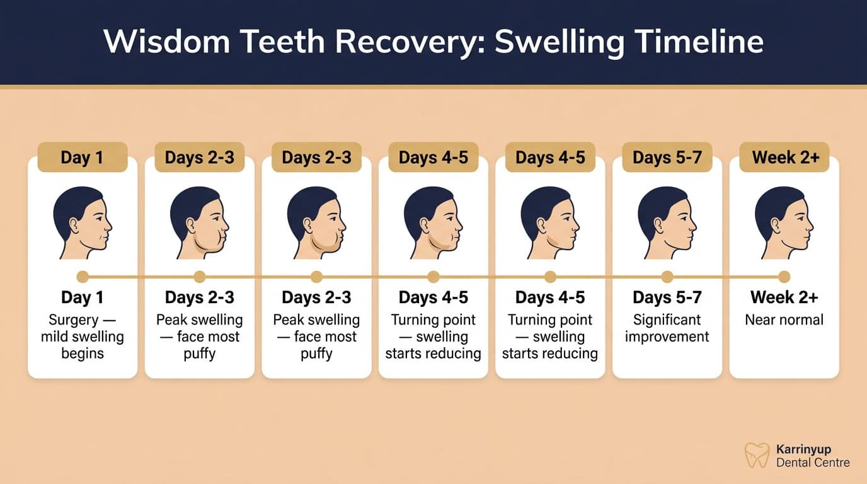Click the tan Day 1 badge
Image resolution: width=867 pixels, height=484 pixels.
[x=82, y=157]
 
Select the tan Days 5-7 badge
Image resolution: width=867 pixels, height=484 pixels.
[x=667, y=157]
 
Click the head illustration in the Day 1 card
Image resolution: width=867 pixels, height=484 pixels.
[x=83, y=222]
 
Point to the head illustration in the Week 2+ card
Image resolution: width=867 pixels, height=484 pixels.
[x=784, y=222]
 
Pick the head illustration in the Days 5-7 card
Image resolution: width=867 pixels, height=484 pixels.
[x=667, y=222]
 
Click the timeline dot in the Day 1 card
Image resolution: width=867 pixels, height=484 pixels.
[x=82, y=277]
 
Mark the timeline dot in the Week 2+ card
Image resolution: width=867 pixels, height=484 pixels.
[x=784, y=277]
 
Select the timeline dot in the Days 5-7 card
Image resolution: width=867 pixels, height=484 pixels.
[x=667, y=277]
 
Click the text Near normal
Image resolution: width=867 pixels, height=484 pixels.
[x=784, y=320]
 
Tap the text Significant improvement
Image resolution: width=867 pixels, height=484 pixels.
[x=667, y=328]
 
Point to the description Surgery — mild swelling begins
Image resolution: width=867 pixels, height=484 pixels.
[x=82, y=337]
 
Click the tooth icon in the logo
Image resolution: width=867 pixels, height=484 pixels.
[x=757, y=455]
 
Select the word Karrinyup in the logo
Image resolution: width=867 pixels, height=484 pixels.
[x=803, y=449]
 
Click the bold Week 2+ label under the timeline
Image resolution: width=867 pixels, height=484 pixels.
[x=784, y=297]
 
